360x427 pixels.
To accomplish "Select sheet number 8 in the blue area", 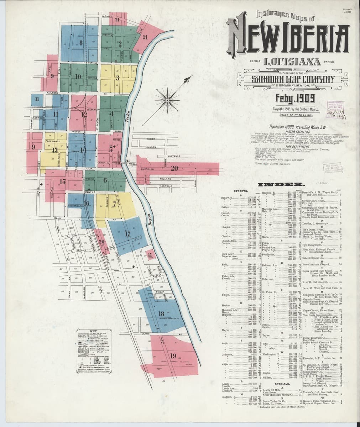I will pos(81,43).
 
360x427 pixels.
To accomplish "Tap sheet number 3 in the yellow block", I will pos(117,78).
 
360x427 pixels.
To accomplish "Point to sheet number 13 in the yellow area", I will pos(54,150).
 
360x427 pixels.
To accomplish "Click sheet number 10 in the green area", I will pos(78,77).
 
